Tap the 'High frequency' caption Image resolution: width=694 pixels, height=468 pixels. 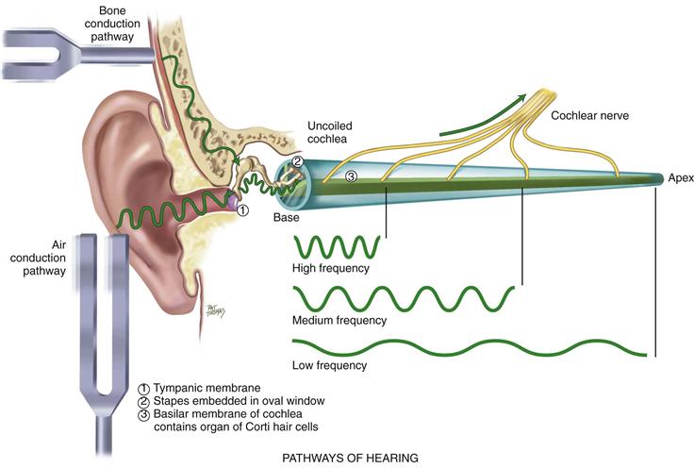pyautogui.click(x=331, y=269)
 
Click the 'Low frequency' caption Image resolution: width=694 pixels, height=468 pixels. pyautogui.click(x=329, y=364)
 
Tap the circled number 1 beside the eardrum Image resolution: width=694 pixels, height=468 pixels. pyautogui.click(x=242, y=209)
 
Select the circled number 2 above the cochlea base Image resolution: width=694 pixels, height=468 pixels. pyautogui.click(x=298, y=161)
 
